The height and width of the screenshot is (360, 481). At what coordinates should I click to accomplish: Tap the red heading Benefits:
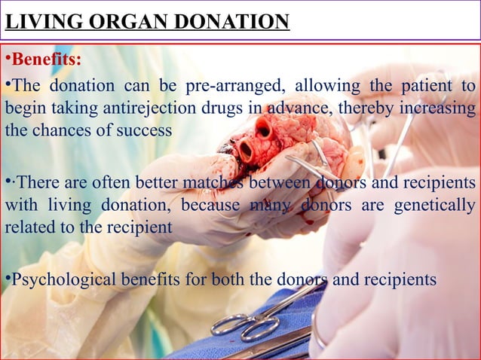click(47, 59)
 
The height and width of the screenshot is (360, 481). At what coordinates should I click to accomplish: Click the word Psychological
click(63, 279)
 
